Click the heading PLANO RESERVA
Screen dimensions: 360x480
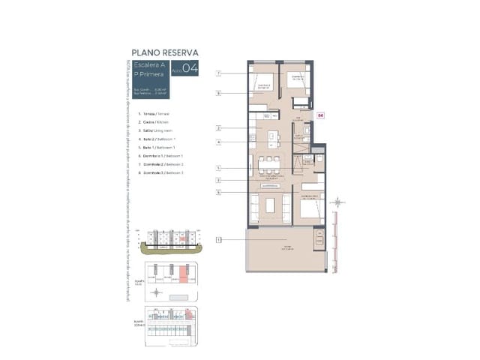click(x=164, y=52)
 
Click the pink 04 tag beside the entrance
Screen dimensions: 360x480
click(x=321, y=115)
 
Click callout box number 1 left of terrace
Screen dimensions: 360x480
click(x=218, y=240)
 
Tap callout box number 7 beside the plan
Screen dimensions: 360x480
click(x=218, y=73)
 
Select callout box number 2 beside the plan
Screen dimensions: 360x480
click(x=218, y=128)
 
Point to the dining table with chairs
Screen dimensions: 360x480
click(x=269, y=164)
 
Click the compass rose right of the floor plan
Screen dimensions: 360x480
click(x=338, y=202)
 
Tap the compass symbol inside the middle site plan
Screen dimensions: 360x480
click(x=156, y=292)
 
